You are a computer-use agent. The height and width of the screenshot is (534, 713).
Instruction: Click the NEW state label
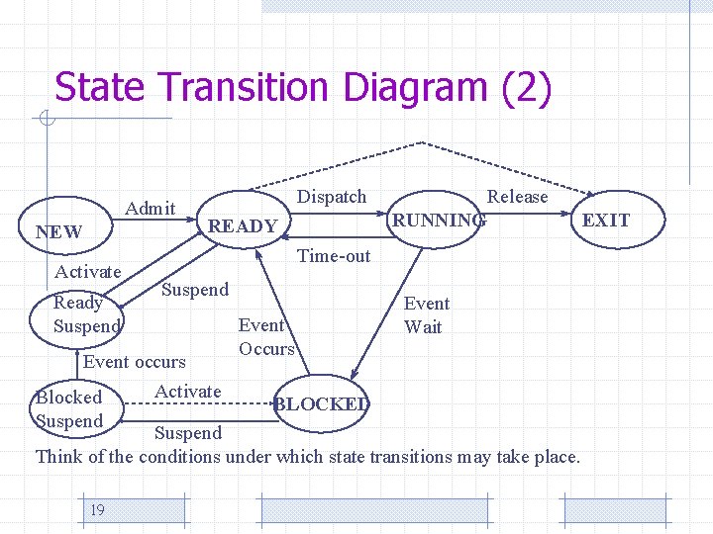pyautogui.click(x=58, y=232)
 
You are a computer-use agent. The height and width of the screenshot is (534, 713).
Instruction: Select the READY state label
pyautogui.click(x=244, y=226)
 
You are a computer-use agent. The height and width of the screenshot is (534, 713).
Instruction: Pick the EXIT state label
pyautogui.click(x=605, y=220)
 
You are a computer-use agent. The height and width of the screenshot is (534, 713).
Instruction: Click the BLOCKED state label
pyautogui.click(x=322, y=403)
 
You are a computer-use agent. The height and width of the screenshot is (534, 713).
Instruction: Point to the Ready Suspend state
pyautogui.click(x=86, y=314)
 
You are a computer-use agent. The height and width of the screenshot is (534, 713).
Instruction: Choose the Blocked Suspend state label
pyautogui.click(x=68, y=409)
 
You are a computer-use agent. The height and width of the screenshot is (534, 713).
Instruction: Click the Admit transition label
pyautogui.click(x=151, y=208)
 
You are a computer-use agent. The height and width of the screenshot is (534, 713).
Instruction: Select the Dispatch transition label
pyautogui.click(x=332, y=197)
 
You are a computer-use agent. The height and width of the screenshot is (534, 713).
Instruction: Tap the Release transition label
pyautogui.click(x=517, y=197)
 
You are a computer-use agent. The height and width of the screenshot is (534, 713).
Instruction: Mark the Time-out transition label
pyautogui.click(x=334, y=256)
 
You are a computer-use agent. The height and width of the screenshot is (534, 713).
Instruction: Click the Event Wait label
pyautogui.click(x=426, y=315)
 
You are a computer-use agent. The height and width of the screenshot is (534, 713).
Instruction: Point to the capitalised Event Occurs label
pyautogui.click(x=266, y=336)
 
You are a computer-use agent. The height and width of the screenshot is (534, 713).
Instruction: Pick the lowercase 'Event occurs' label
pyautogui.click(x=134, y=362)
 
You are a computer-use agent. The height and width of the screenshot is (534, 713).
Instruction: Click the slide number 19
pyautogui.click(x=97, y=510)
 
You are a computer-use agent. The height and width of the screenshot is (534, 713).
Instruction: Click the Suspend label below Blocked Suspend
pyautogui.click(x=188, y=433)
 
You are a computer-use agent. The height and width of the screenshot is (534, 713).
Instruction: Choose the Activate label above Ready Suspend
pyautogui.click(x=88, y=272)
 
